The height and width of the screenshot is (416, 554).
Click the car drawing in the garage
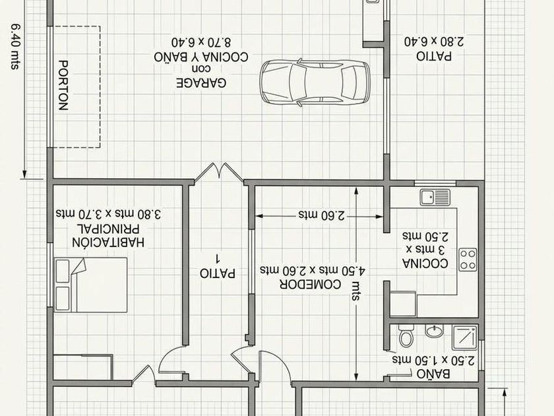pyautogui.click(x=315, y=83)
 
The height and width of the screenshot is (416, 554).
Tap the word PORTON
pyautogui.click(x=63, y=85)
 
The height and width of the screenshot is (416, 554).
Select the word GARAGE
pyautogui.click(x=201, y=83)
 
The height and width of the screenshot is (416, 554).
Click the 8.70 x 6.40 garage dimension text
pyautogui.click(x=201, y=42)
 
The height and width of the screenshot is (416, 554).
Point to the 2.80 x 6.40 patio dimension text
pyautogui.click(x=434, y=42)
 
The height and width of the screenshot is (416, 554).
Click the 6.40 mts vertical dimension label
pyautogui.click(x=15, y=46)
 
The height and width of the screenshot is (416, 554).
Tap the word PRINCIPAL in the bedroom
pyautogui.click(x=109, y=228)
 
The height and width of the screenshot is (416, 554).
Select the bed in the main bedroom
pyautogui.click(x=91, y=285)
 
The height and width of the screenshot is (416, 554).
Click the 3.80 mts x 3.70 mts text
pyautogui.click(x=108, y=214)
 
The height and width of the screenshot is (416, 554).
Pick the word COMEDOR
pyautogui.click(x=310, y=285)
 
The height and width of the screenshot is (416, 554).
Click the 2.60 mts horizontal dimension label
pyautogui.click(x=322, y=215)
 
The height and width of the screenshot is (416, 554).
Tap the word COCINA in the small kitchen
pyautogui.click(x=425, y=263)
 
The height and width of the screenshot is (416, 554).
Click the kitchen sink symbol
pyautogui.click(x=435, y=197)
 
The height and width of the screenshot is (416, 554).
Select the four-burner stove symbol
pyautogui.click(x=468, y=260)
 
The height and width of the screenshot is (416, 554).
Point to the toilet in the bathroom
pyautogui.click(x=406, y=335)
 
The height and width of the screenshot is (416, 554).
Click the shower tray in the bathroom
pyautogui.click(x=464, y=337)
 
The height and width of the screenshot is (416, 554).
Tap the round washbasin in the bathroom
pyautogui.click(x=434, y=331)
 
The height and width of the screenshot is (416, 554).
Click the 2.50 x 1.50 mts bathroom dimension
pyautogui.click(x=433, y=360)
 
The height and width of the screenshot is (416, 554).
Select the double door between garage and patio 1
pyautogui.click(x=219, y=172)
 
